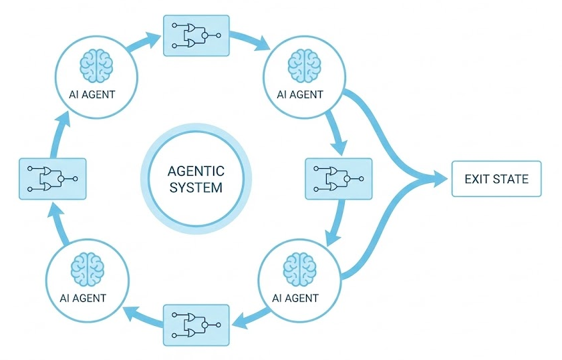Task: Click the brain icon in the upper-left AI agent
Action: [x=96, y=65]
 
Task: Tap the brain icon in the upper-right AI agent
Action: [x=299, y=65]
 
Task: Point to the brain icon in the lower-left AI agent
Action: [x=87, y=268]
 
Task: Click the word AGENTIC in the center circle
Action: [x=196, y=171]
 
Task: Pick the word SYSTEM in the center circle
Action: [x=196, y=187]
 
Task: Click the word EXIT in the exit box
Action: [x=476, y=179]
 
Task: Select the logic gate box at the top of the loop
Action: [x=196, y=35]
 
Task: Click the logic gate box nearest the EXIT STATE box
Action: [x=337, y=178]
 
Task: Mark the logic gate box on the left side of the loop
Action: [x=53, y=178]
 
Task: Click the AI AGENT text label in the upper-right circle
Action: [x=299, y=94]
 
